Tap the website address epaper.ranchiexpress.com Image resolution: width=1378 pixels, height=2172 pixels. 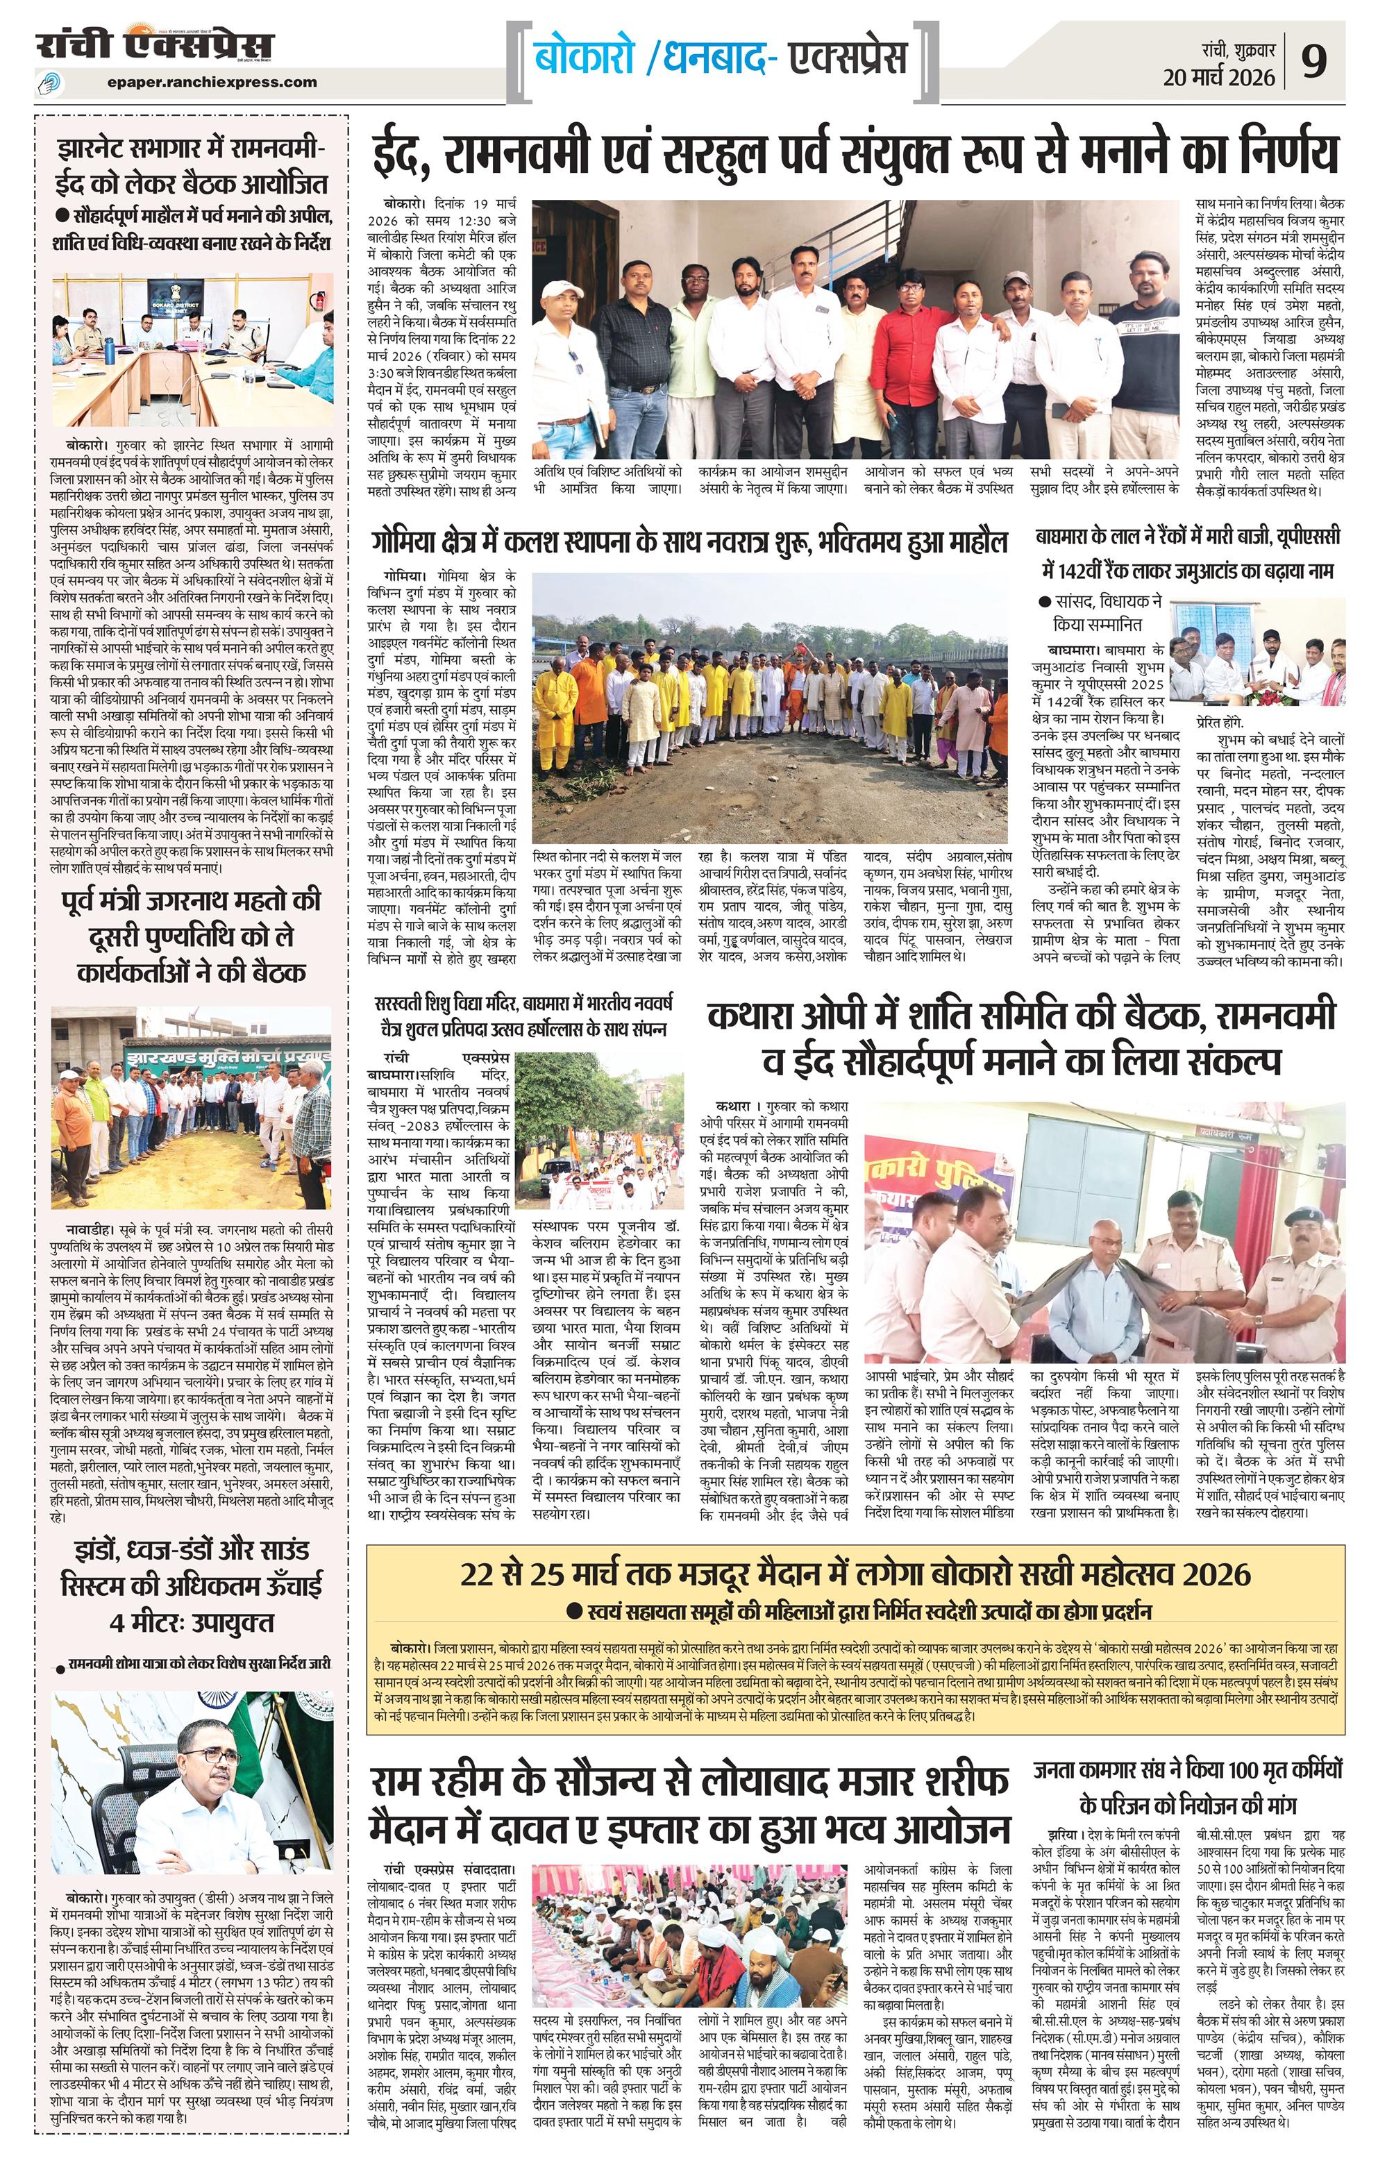(x=211, y=82)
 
